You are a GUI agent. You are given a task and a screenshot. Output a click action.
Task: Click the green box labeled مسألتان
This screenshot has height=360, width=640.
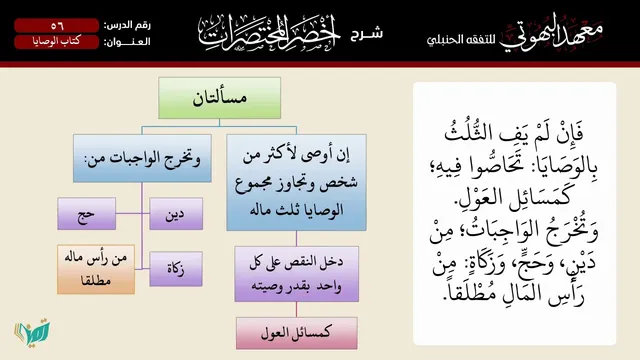pos(220,98)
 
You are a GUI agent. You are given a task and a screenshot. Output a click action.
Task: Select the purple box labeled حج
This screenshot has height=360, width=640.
pos(87,213)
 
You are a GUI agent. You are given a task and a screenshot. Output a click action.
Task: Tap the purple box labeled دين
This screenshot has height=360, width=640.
pos(176,213)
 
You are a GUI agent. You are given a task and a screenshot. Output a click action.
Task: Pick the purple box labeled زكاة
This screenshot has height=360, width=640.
pos(176,269)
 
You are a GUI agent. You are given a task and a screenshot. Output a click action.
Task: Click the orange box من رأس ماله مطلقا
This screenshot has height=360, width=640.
pos(96,269)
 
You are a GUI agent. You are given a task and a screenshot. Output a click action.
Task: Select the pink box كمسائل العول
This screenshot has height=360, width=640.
pos(297,333)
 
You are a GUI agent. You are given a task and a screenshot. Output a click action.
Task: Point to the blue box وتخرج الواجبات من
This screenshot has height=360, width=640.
pos(142,158)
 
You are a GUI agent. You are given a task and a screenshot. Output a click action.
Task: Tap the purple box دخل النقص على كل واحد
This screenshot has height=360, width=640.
pos(297,274)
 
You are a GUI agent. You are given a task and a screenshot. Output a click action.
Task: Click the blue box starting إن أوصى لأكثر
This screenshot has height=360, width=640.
pos(296,182)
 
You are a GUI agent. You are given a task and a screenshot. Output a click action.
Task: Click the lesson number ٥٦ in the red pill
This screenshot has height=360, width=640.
pos(57,26)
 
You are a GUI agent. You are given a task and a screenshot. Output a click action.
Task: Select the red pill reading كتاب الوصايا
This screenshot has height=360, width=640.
pos(57,42)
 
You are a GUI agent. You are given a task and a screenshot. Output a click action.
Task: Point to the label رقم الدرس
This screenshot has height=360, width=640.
pos(127,25)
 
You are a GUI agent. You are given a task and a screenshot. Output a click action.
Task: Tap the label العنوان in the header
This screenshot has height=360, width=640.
pos(127,42)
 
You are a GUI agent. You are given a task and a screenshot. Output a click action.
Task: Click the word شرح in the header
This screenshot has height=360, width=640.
pos(367,33)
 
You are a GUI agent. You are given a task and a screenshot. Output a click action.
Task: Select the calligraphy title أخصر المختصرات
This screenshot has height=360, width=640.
pos(269,32)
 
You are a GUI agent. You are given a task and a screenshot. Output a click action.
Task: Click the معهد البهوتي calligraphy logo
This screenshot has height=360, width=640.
pos(551,36)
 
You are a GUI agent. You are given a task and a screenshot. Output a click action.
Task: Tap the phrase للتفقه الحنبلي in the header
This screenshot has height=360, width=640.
pos(461,40)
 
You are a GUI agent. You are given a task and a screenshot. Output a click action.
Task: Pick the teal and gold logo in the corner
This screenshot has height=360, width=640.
pos(33,331)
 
